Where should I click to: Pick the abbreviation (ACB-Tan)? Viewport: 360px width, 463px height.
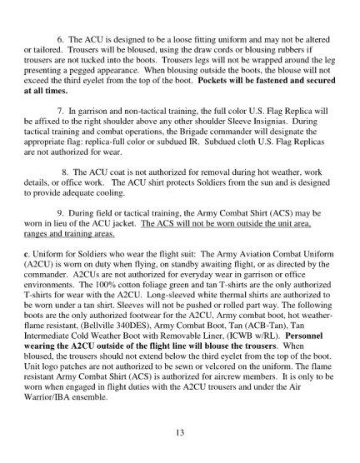coord(256,337)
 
